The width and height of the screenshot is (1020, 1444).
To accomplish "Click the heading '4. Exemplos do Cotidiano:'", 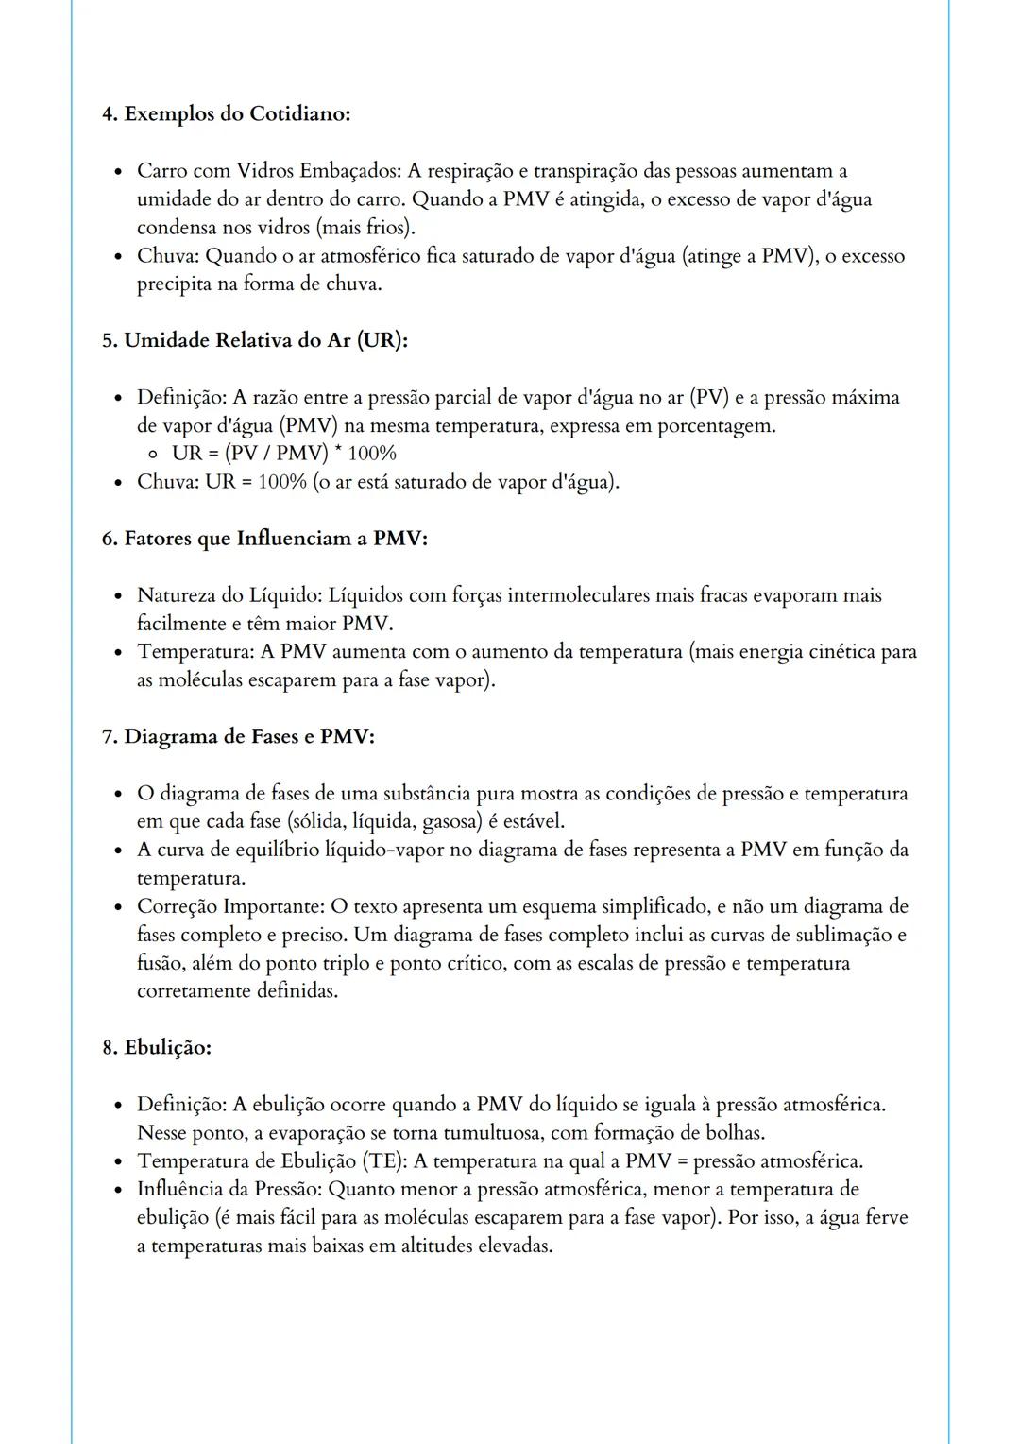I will tap(227, 114).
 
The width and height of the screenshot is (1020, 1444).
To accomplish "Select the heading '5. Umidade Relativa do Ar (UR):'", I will tap(255, 341).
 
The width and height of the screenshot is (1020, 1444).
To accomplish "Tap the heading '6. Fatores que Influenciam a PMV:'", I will tap(264, 539).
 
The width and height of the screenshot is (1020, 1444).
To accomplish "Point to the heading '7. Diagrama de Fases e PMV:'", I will tap(238, 737).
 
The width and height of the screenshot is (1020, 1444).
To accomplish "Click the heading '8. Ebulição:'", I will tap(157, 1048).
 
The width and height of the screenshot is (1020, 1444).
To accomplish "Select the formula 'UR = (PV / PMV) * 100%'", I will tap(283, 454).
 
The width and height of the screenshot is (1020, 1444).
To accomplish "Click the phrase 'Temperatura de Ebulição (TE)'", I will tap(271, 1161).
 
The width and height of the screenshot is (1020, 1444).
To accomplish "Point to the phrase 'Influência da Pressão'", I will tap(228, 1190).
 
